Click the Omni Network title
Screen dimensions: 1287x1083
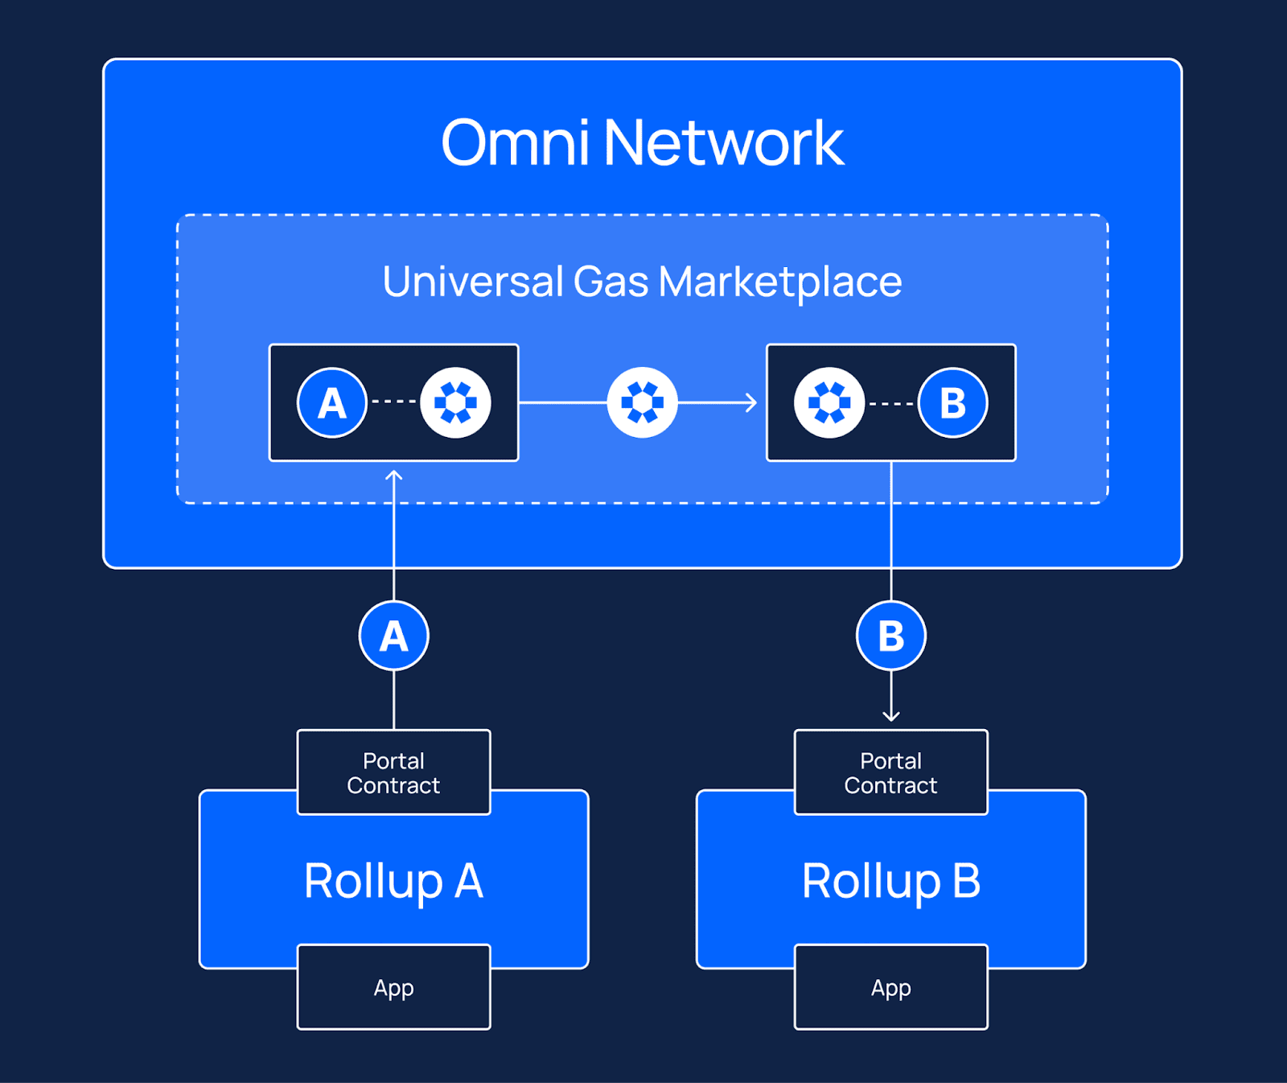coord(643,142)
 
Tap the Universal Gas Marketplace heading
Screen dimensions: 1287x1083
coord(643,282)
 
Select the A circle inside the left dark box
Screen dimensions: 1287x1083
coord(332,402)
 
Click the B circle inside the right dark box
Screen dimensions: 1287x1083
coord(953,402)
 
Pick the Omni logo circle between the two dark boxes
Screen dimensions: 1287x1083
coord(643,402)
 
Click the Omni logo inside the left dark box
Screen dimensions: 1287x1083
coord(456,402)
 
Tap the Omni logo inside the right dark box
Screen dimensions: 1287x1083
coord(829,402)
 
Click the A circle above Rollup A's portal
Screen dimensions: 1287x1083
coord(394,636)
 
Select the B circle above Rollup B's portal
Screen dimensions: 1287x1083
coord(891,636)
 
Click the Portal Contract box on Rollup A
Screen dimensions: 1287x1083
coord(394,772)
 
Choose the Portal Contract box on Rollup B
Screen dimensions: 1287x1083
coord(891,772)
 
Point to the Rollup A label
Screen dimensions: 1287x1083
coord(394,881)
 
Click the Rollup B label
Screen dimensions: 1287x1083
coord(891,881)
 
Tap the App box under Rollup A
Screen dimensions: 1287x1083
coord(394,987)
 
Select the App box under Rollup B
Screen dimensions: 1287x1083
coord(891,987)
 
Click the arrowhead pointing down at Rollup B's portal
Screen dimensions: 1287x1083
coord(891,716)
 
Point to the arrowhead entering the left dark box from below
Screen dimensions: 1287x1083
coord(394,476)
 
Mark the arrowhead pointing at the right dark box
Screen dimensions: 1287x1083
coord(752,402)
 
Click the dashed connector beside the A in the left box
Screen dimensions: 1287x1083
coord(394,401)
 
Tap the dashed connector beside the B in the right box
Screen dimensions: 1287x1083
coord(891,403)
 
